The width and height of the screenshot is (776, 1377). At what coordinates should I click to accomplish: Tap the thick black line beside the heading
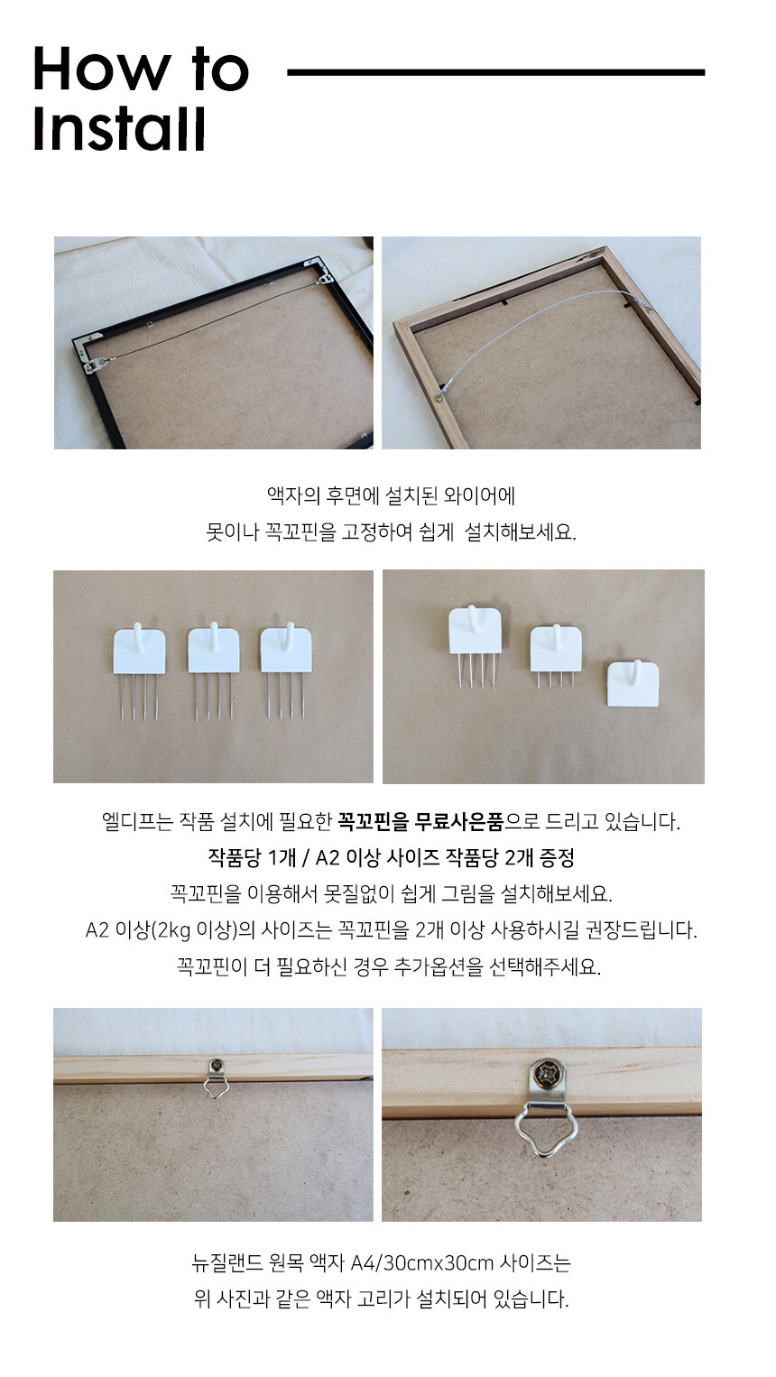pos(495,72)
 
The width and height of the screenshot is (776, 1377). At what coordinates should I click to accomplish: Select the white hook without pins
pos(633,682)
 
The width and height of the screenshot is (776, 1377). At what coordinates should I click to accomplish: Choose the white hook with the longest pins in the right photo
pos(474,645)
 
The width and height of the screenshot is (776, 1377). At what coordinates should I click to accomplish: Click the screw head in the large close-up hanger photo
pos(546,1072)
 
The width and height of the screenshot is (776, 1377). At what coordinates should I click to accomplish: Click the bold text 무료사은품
pos(459,821)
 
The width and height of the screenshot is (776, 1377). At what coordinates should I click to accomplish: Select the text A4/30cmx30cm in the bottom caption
pos(422,1262)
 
